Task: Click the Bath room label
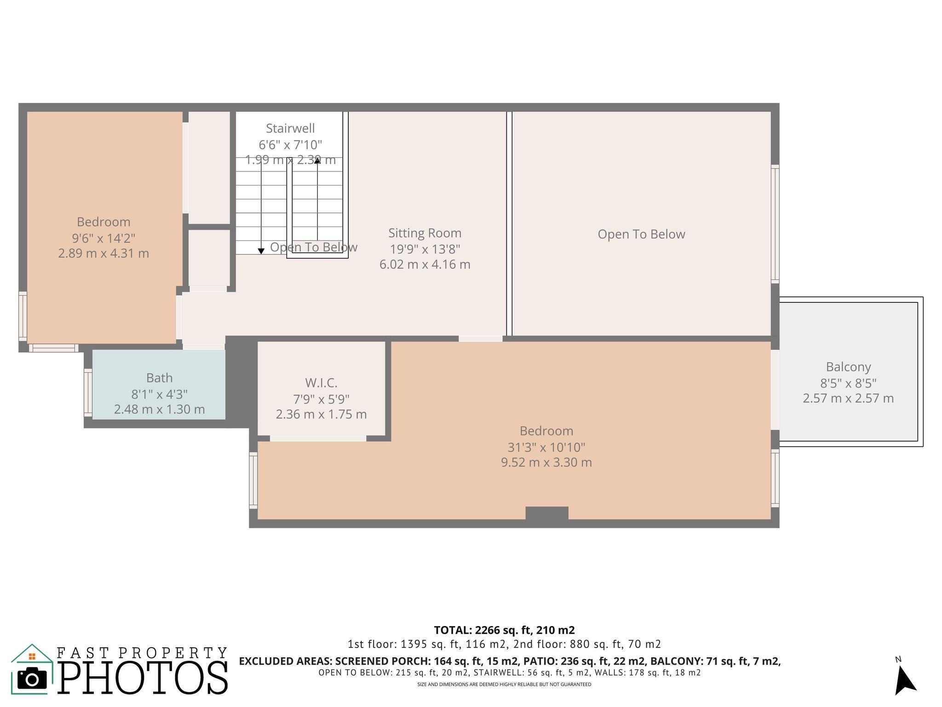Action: (159, 378)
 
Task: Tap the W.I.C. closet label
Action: (321, 382)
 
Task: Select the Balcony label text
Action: (848, 367)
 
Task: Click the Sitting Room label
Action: (425, 233)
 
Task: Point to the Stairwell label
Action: (290, 128)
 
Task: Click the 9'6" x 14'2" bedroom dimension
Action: (103, 238)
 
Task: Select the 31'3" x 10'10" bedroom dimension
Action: (546, 447)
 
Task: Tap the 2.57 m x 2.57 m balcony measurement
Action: (848, 398)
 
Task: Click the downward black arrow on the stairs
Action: (261, 251)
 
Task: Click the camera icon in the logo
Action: (32, 679)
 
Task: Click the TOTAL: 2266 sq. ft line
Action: (504, 630)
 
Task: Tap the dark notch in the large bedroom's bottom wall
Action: (546, 513)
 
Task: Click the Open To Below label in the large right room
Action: (641, 234)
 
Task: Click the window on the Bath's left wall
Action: (88, 393)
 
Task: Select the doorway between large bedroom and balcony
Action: (775, 389)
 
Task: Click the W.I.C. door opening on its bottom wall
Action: (318, 439)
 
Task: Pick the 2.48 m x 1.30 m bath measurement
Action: (159, 409)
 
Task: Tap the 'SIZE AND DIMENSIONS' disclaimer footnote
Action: (504, 684)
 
